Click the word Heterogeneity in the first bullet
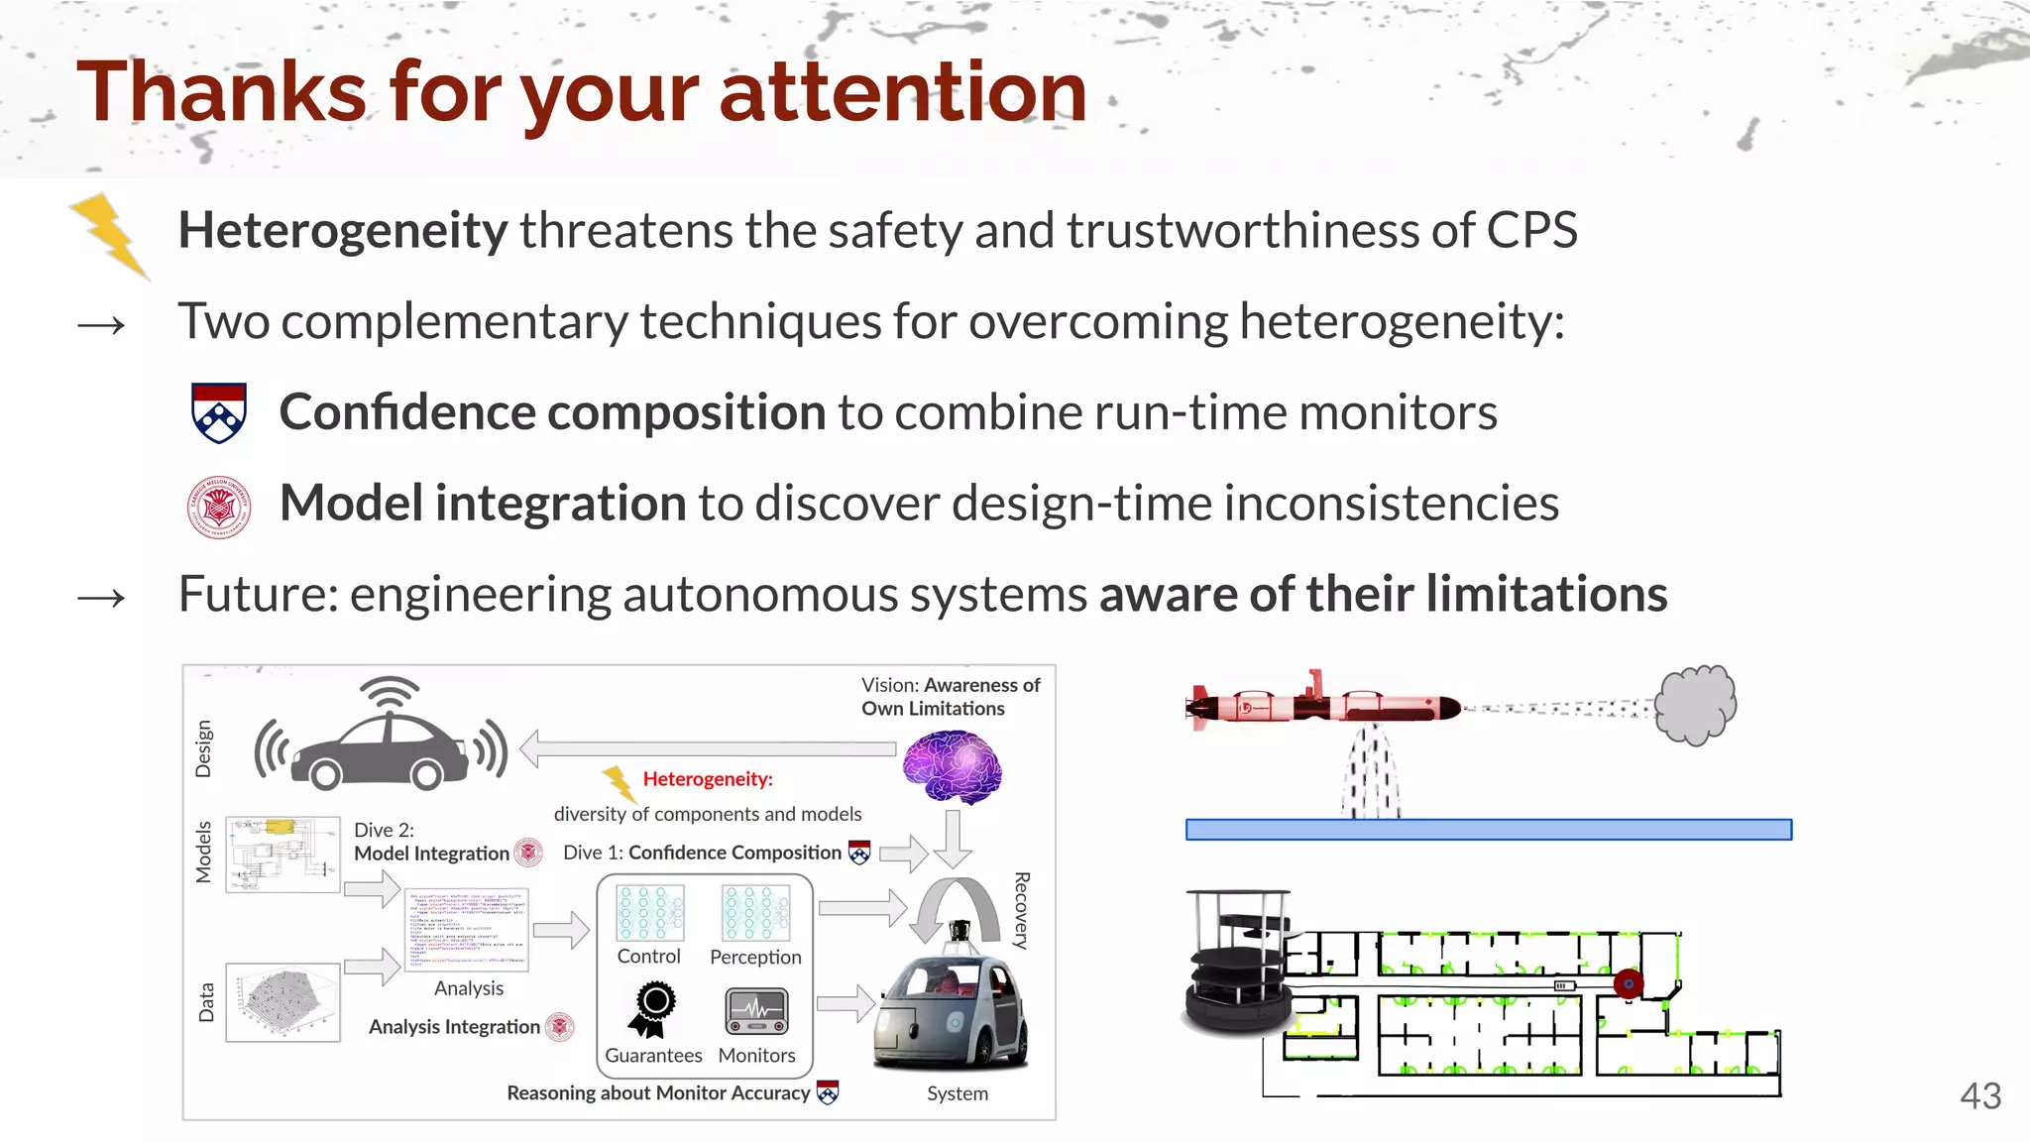tap(342, 231)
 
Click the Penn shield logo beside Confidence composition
tap(218, 412)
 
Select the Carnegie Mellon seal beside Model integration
tap(218, 507)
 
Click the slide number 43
tap(1979, 1096)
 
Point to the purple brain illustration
tap(951, 766)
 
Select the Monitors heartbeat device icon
tap(756, 1011)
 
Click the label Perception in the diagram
tap(755, 958)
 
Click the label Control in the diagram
tap(648, 957)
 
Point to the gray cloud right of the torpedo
tap(1696, 705)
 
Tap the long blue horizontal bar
tap(1488, 830)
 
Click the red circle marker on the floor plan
tap(1628, 983)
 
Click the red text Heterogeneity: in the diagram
tap(708, 779)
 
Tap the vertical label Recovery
tap(1022, 910)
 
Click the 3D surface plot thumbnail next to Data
tap(282, 1002)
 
